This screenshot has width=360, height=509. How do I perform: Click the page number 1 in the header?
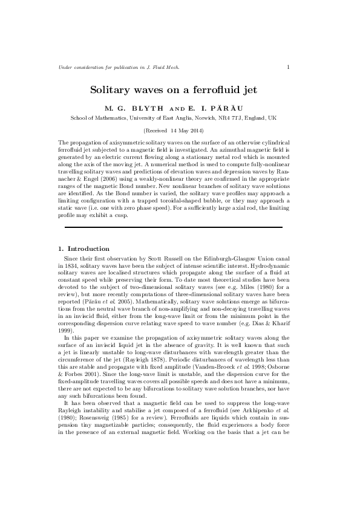pos(288,66)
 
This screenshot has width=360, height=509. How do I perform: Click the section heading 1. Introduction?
pos(83,248)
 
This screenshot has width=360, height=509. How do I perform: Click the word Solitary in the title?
pos(110,90)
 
